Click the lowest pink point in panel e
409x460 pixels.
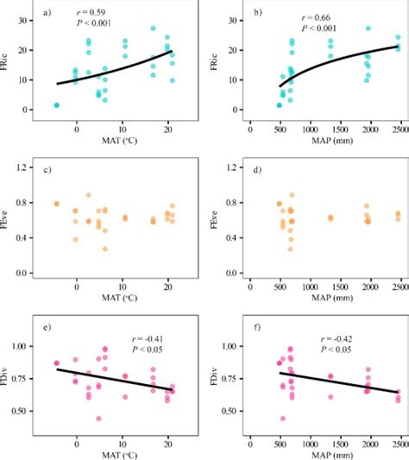(99, 419)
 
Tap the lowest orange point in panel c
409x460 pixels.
(105, 249)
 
